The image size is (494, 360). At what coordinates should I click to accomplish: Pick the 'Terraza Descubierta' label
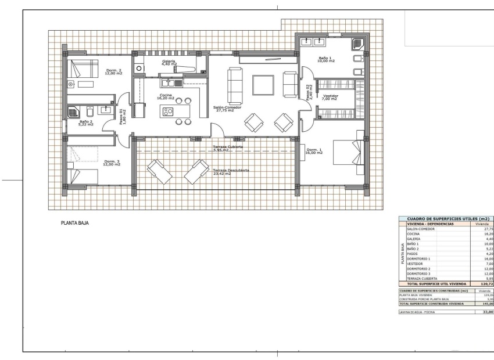coord(231,172)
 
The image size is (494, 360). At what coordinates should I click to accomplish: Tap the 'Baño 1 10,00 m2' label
coord(327,59)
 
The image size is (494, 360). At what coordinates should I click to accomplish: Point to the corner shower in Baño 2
coord(74,112)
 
